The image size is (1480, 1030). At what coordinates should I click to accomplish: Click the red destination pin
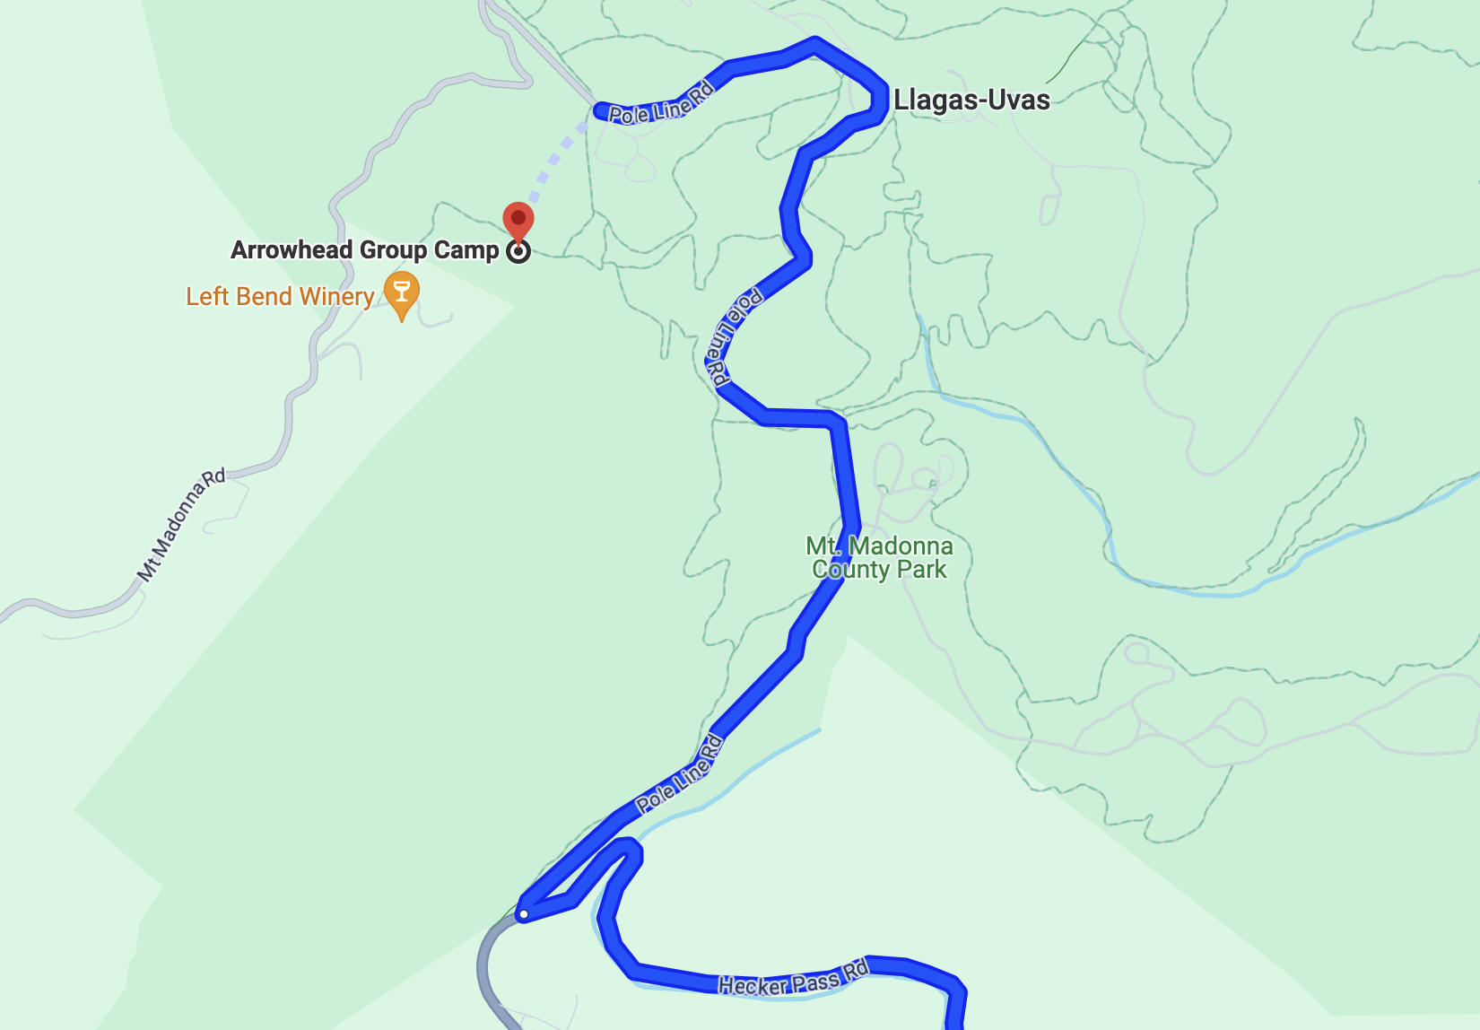pos(518,219)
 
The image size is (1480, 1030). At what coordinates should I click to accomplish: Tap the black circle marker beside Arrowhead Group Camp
pos(518,251)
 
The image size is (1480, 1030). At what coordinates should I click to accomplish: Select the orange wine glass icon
pos(402,292)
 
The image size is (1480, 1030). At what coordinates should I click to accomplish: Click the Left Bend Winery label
pos(280,297)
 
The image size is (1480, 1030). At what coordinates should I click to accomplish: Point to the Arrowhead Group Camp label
pos(364,250)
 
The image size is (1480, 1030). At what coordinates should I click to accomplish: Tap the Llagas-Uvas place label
pos(971,100)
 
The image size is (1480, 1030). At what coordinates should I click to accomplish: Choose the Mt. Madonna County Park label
pos(879,557)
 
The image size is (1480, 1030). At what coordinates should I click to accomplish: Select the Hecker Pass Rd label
pos(794,979)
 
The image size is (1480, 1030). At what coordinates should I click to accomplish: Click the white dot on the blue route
pos(524,914)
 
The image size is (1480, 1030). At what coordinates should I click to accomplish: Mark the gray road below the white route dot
pos(485,969)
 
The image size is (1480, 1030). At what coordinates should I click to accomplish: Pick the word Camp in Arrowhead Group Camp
pos(466,250)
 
